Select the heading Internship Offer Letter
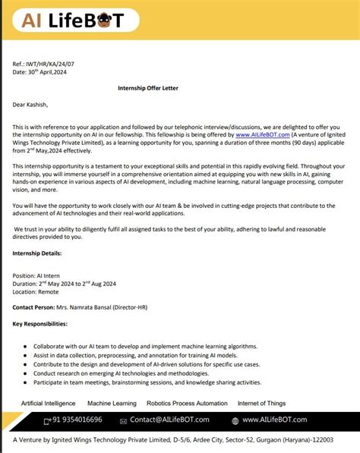coord(152,88)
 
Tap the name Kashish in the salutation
coord(37,105)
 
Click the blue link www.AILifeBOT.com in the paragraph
coord(262,134)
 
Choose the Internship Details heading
coord(37,253)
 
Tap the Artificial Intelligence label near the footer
coord(48,403)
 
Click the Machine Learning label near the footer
coord(112,403)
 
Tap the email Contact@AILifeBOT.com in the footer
coord(173,420)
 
